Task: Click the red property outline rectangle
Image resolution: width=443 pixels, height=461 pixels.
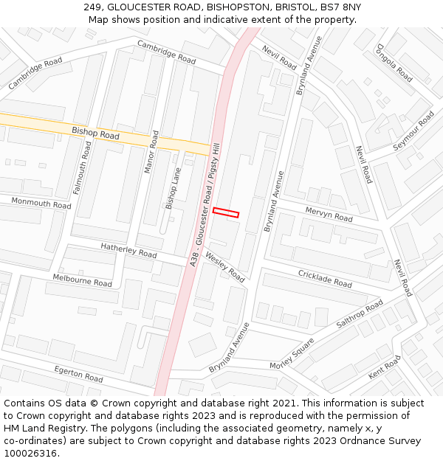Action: (x=226, y=212)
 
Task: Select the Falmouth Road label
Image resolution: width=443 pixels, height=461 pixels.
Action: (x=81, y=168)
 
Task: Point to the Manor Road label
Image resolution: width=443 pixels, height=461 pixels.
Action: (x=151, y=152)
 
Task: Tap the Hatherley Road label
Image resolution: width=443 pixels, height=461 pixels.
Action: (x=128, y=251)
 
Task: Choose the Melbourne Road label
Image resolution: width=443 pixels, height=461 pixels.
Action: (x=82, y=280)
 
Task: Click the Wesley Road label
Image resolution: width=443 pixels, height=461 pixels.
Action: (x=224, y=267)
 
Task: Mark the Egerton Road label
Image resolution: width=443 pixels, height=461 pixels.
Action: (x=78, y=373)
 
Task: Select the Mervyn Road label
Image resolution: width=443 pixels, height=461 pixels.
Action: (x=329, y=214)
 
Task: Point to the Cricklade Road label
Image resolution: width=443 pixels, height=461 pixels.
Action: (x=325, y=278)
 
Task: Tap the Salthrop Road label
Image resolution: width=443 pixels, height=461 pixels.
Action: (x=360, y=313)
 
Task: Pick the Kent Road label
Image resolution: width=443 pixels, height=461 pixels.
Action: (x=385, y=367)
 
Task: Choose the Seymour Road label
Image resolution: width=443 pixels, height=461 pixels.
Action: (x=413, y=131)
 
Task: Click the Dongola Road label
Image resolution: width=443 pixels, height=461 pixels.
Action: (x=394, y=63)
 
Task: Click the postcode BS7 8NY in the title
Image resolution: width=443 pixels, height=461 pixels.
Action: (x=339, y=7)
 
